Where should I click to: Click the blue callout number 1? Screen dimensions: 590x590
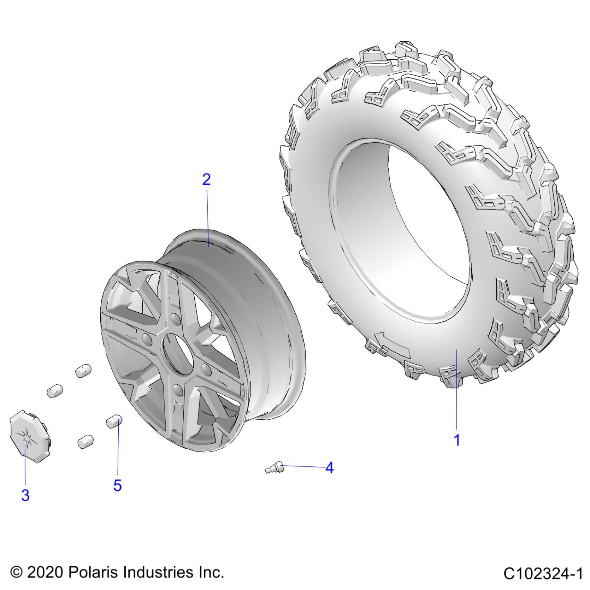tap(457, 440)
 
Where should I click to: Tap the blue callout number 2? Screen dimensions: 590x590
tap(206, 179)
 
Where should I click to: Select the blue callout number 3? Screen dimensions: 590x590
tap(25, 495)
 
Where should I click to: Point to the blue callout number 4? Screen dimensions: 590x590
tap(329, 468)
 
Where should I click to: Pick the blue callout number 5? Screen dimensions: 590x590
tap(118, 485)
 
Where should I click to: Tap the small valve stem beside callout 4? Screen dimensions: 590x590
tap(274, 467)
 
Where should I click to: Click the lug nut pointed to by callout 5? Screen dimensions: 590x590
tap(114, 421)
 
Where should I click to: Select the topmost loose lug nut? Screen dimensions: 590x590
tap(83, 371)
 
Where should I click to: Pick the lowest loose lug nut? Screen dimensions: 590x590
tap(85, 441)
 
